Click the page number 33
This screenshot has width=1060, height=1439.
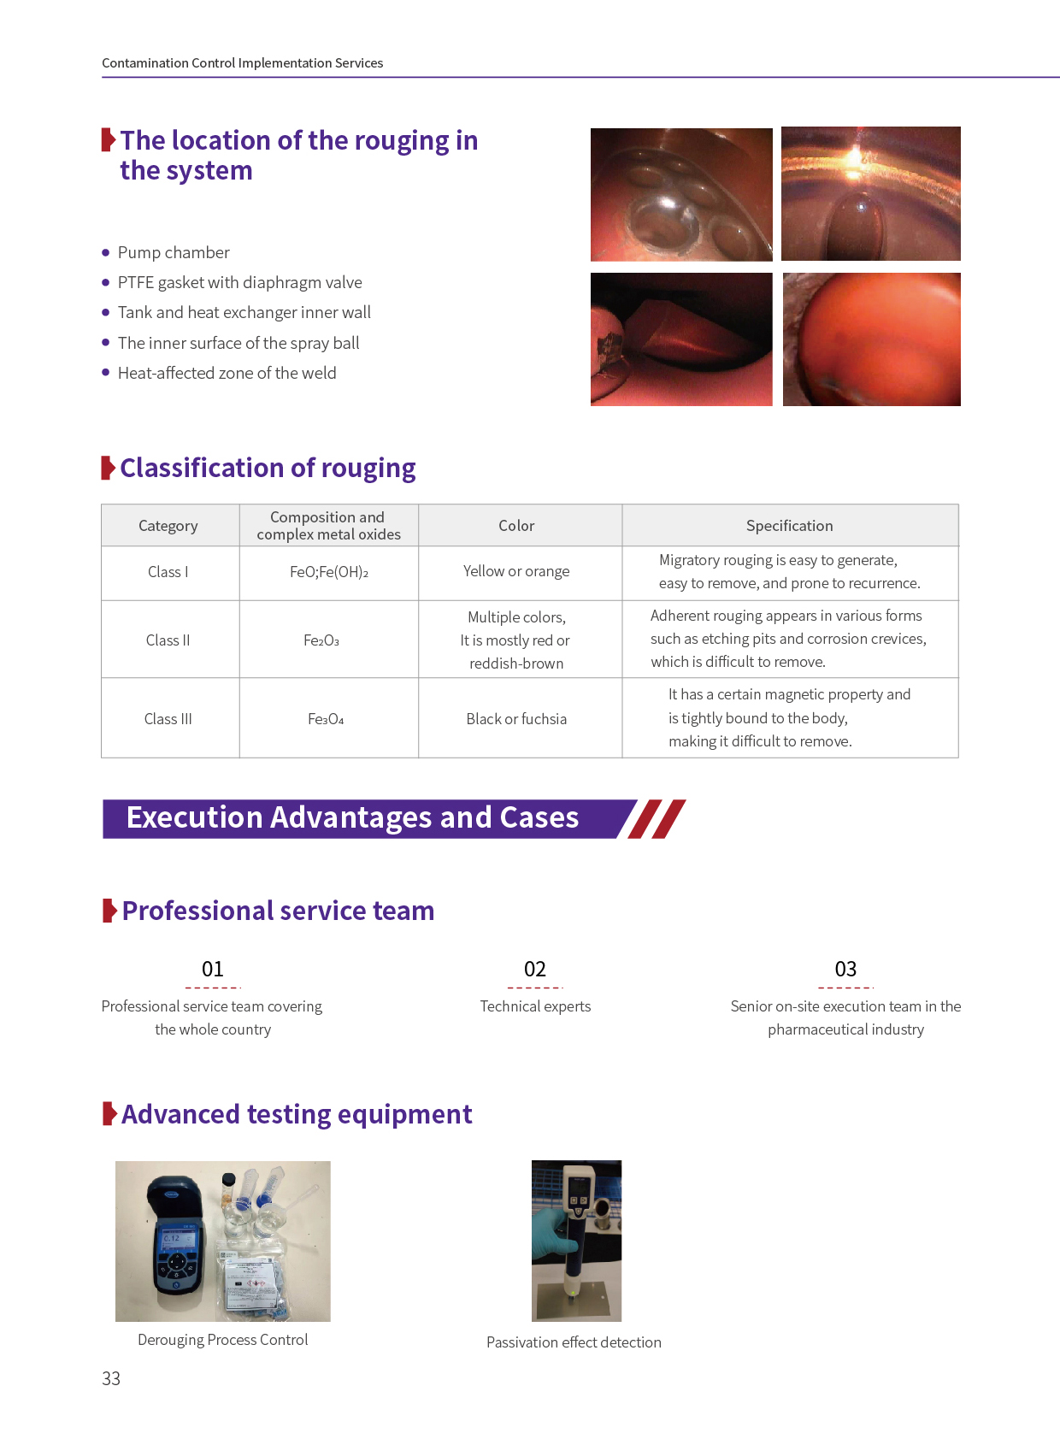point(110,1378)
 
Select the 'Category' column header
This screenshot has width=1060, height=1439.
point(168,526)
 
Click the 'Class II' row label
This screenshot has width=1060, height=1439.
point(168,640)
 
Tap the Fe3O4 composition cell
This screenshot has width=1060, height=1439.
point(326,719)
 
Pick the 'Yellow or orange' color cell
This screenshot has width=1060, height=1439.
point(516,571)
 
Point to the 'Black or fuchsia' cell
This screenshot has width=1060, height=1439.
point(516,719)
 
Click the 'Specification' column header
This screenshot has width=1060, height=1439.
point(790,526)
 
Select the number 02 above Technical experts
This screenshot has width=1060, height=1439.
point(535,968)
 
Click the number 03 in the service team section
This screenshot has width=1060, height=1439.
point(845,968)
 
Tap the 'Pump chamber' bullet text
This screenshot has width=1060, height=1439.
point(174,252)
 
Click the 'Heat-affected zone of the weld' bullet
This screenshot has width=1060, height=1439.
point(227,373)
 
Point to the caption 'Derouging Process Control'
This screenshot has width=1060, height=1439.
point(223,1340)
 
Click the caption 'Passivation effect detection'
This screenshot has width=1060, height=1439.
point(574,1342)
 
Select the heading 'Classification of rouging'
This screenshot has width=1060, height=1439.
point(268,469)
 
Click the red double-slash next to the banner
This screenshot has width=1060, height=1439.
point(657,819)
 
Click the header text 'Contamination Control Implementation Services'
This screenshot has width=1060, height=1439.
point(242,63)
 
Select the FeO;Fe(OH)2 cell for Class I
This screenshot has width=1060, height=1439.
point(329,572)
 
